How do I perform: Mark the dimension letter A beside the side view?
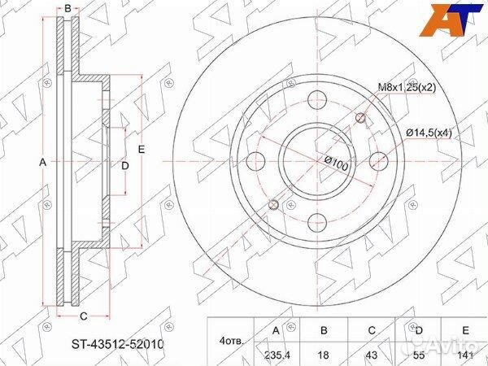[x=43, y=163]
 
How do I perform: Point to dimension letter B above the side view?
[x=68, y=8]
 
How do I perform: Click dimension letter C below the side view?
[x=83, y=317]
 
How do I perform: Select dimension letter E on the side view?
[x=141, y=150]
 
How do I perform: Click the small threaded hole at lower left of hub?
[x=275, y=203]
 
